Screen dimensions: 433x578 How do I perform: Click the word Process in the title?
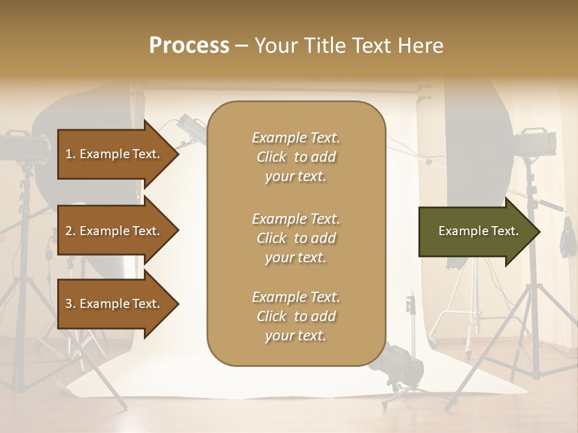[189, 45]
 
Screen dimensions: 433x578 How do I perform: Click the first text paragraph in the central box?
[296, 157]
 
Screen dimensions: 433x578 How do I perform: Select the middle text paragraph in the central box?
[296, 238]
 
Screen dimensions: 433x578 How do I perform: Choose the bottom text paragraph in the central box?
[296, 316]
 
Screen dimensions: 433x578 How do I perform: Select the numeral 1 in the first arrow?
[69, 154]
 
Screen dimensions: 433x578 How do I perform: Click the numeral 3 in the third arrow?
[69, 304]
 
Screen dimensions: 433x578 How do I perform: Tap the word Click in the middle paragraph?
[272, 238]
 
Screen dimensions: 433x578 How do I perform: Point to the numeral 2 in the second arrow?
[69, 231]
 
